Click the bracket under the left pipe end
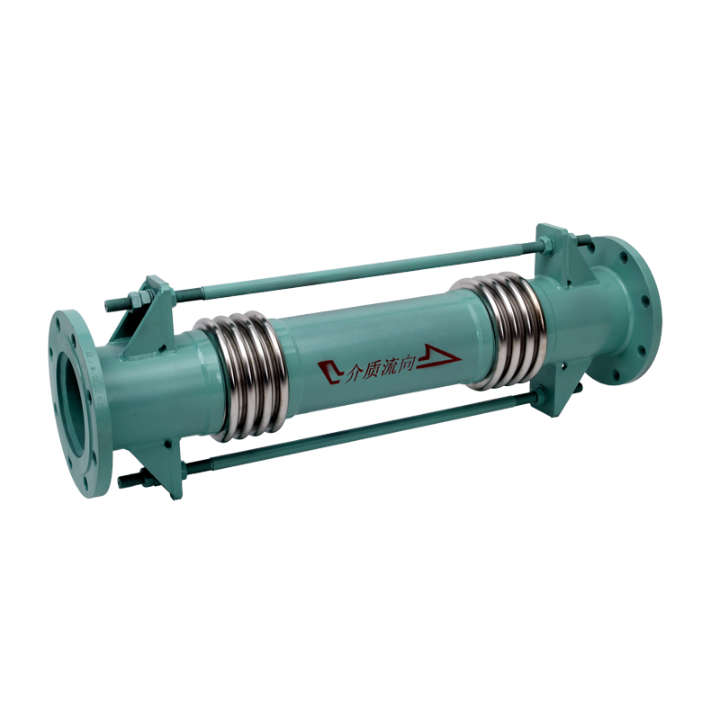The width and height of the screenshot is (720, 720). tap(170, 468)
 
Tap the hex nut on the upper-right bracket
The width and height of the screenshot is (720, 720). tap(572, 240)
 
